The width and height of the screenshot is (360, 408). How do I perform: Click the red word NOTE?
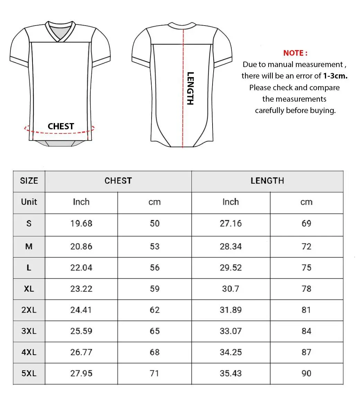coord(295,53)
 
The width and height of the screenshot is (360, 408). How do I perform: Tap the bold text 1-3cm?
coord(335,76)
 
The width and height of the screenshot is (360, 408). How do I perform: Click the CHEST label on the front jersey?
coord(61,126)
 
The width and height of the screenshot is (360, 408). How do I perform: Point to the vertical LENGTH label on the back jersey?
coord(190,88)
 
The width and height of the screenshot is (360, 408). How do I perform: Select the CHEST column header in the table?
coord(118,181)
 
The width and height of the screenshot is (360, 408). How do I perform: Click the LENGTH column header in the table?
coord(267,181)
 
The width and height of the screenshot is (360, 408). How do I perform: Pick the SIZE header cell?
coord(29,181)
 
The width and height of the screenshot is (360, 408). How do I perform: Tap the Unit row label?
coord(29,202)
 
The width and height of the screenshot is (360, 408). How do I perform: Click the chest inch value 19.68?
coord(81,224)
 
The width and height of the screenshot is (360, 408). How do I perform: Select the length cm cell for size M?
coord(306,247)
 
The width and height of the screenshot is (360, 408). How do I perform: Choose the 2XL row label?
coord(29,310)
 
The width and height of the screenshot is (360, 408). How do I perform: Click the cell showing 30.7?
coord(231,289)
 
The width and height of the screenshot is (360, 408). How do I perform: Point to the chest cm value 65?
coord(155,331)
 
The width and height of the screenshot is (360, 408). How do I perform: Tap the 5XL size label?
coord(29,373)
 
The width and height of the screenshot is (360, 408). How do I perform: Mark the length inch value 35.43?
coord(231,373)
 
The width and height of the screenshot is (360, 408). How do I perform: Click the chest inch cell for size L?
coord(81,268)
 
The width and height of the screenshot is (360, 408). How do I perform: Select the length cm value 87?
coord(306,352)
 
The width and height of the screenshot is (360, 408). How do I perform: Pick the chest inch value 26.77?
coord(81,352)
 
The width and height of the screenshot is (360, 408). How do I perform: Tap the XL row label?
coord(29,289)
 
